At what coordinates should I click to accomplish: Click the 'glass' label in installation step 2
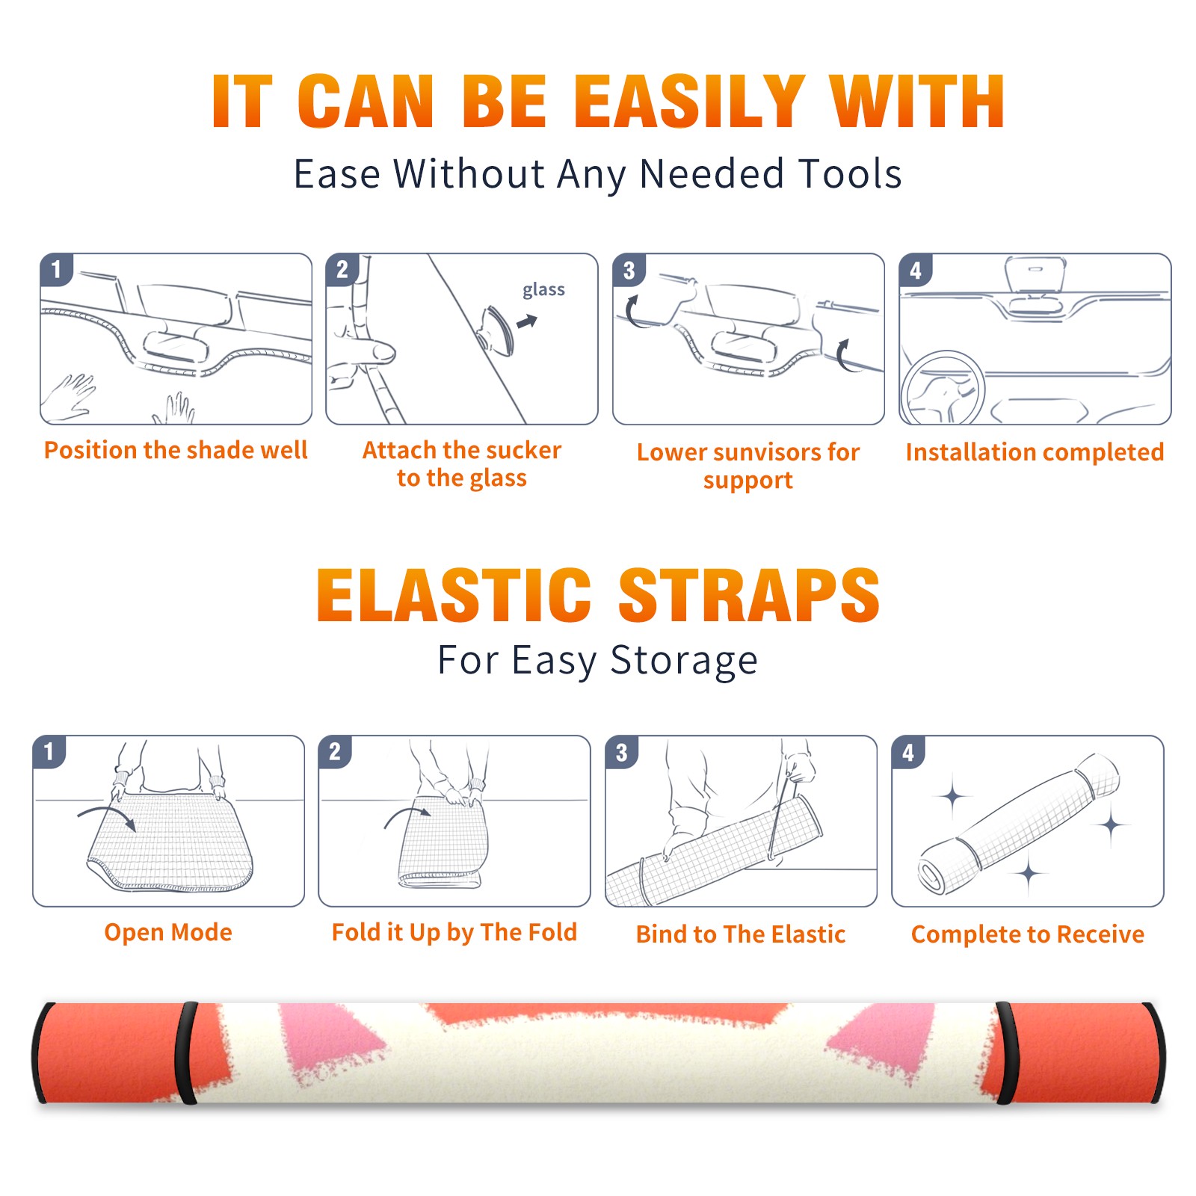[543, 290]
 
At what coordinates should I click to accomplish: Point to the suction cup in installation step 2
[496, 329]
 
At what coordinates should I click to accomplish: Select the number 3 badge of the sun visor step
[629, 270]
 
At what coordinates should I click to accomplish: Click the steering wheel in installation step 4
[943, 389]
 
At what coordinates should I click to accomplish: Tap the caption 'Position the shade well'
[176, 450]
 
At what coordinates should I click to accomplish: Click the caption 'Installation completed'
[1035, 452]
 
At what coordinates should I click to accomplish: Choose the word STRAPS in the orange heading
[749, 595]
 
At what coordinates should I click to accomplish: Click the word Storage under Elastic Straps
[684, 661]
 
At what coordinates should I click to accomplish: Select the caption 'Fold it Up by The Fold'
[454, 932]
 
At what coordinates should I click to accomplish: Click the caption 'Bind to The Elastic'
[741, 934]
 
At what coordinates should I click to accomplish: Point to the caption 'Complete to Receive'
[1028, 934]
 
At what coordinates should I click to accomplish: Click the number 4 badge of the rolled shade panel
[908, 752]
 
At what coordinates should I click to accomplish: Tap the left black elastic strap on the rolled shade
[186, 1053]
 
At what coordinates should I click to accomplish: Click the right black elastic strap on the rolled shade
[1005, 1053]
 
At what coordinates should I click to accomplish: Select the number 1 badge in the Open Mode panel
[49, 752]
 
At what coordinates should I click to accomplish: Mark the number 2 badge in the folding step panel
[335, 752]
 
